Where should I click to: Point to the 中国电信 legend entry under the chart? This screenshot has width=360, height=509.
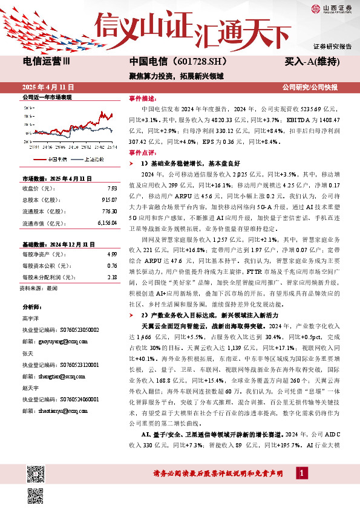(56, 160)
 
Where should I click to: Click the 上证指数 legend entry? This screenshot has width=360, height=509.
(93, 160)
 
